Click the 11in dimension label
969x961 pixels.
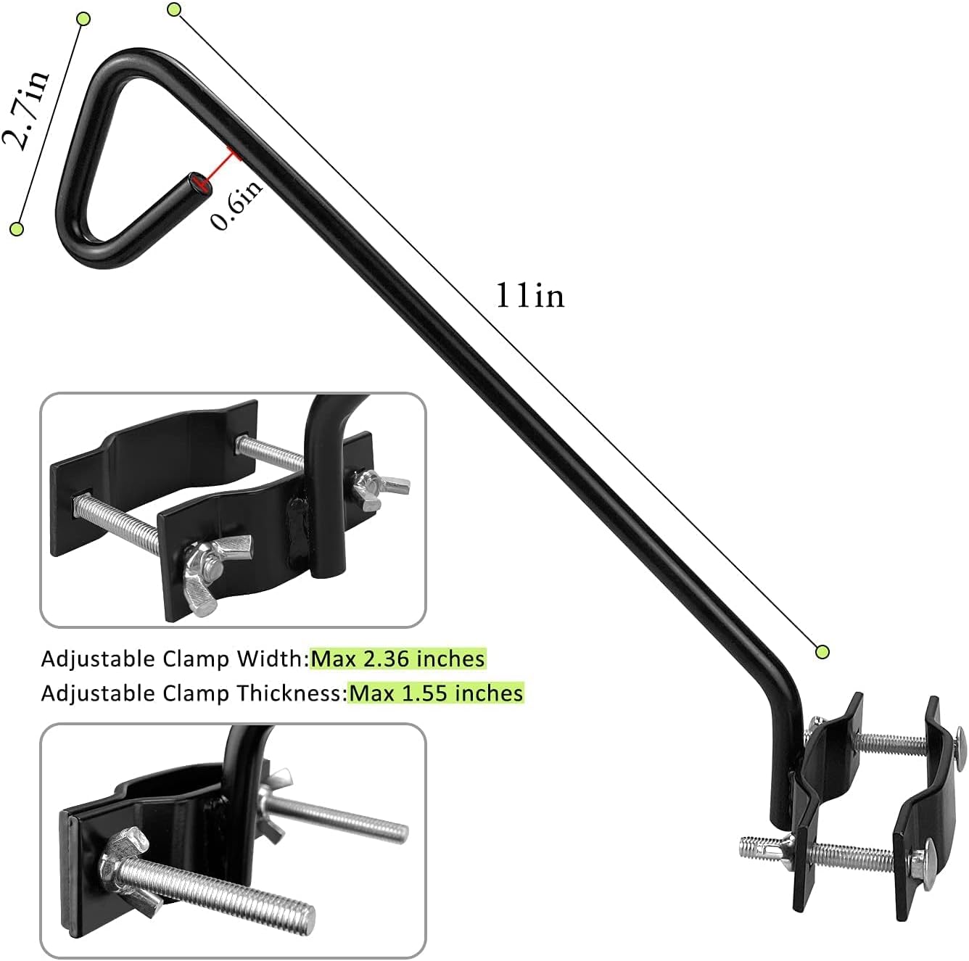coord(529,296)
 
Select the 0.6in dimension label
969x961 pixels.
coord(237,205)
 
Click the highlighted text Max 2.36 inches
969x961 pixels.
coord(397,659)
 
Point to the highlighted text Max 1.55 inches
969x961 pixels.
coord(435,693)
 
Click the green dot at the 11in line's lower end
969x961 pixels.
coord(822,651)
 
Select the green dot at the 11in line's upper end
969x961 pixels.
coord(173,9)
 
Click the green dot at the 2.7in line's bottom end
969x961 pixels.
coord(17,229)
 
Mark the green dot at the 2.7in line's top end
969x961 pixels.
coord(83,18)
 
